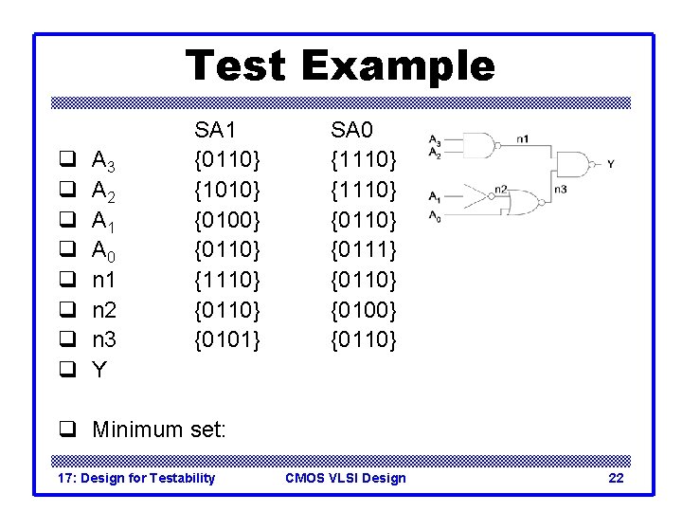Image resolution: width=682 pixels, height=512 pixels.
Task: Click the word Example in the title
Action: (398, 66)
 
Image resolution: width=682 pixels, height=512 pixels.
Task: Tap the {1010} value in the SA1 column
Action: (226, 191)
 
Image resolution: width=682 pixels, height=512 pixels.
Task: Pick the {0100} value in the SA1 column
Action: (226, 220)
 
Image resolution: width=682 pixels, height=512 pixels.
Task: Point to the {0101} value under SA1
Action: (226, 338)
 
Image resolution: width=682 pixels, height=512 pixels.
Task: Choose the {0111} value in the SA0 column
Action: (363, 250)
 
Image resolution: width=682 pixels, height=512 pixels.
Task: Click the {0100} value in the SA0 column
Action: (363, 309)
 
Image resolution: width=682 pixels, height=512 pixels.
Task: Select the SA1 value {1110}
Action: (226, 280)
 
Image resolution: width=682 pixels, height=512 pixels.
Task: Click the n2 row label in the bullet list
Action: (104, 310)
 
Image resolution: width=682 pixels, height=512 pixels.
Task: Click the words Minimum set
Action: (159, 430)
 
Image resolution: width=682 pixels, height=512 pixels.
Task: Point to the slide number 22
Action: (616, 478)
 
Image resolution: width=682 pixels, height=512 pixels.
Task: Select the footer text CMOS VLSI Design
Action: (345, 478)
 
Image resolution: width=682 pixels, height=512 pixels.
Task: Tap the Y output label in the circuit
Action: (610, 164)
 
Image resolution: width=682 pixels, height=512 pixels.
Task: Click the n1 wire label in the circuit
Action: (523, 138)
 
